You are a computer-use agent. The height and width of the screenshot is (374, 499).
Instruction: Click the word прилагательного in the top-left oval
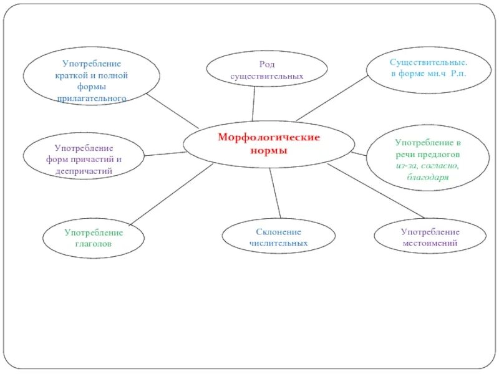(92, 98)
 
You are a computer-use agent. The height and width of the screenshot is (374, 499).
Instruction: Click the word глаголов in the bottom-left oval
(94, 244)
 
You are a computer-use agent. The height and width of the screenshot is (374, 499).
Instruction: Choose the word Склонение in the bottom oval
(278, 232)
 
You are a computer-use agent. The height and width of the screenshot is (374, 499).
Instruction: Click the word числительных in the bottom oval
(278, 243)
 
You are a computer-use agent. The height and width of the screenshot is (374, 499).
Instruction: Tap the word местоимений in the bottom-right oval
(430, 243)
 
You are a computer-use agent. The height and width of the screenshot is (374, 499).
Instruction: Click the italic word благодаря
(428, 177)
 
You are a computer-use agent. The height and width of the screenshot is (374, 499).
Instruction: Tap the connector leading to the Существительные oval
(331, 98)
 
